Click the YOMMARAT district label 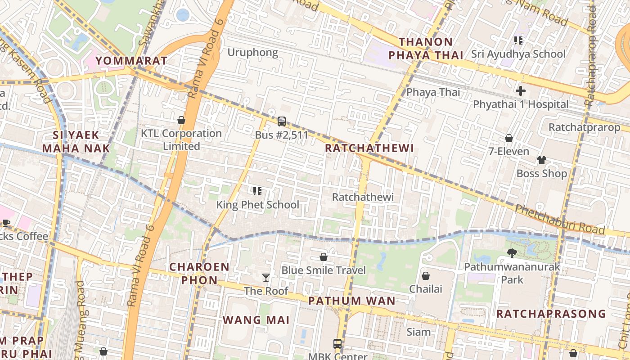point(131,61)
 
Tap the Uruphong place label point(252,52)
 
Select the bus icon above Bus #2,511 point(282,121)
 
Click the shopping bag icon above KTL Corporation point(181,120)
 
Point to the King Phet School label point(257,205)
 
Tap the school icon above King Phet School point(257,192)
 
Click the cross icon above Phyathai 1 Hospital point(521,91)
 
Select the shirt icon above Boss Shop point(542,160)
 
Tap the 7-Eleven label point(509,151)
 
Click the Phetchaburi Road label point(559,220)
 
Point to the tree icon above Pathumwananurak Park point(512,253)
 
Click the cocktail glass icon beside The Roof point(266,278)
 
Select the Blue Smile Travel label point(324,270)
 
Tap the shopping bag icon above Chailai point(426,276)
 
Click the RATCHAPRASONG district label point(551,314)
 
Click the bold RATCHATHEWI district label point(369,148)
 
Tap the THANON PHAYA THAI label point(426,49)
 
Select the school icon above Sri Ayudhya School point(518,41)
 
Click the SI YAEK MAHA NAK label point(76,141)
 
